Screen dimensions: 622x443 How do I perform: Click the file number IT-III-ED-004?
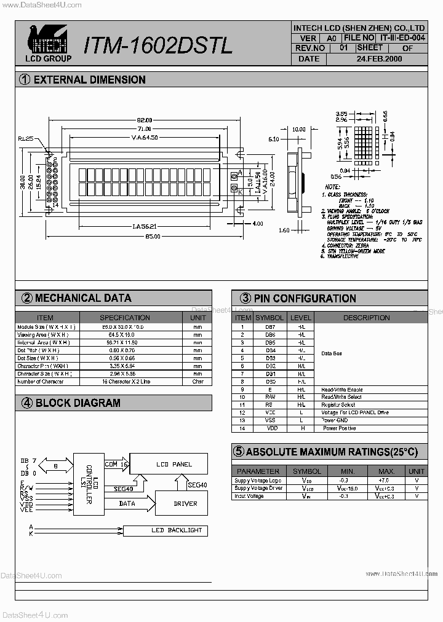402,37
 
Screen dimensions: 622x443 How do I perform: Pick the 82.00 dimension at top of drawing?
144,120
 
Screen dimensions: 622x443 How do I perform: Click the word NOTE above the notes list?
332,186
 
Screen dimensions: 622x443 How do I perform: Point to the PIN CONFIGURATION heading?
305,299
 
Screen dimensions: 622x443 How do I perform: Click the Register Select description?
338,405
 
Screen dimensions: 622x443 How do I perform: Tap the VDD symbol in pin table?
270,428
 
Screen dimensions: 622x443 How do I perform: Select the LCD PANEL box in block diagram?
174,465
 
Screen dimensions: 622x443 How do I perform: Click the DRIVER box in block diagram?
185,503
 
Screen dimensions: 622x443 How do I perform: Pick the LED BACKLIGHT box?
175,530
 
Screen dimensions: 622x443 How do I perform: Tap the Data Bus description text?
332,353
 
